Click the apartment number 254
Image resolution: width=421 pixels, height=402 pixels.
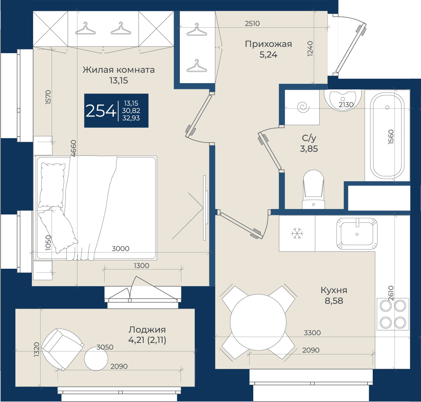tap(100, 111)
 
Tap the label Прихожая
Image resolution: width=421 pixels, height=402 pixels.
tap(268, 44)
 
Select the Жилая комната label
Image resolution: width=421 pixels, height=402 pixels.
tap(118, 70)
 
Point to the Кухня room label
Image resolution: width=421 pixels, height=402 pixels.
tap(334, 290)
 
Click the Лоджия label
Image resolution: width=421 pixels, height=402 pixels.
tap(147, 329)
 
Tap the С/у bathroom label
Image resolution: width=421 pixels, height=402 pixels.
tap(309, 138)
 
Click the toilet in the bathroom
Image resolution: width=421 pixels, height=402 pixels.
tap(313, 189)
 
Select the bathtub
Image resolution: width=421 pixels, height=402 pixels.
tap(387, 136)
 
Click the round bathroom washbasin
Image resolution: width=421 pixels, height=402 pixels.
tap(342, 100)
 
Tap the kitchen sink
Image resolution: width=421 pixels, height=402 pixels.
tap(357, 233)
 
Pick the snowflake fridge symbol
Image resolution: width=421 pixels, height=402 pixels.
tap(297, 233)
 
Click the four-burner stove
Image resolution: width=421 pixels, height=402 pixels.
tap(393, 314)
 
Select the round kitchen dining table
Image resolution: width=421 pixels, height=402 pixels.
tap(258, 322)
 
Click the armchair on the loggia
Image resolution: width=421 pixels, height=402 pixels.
tap(62, 349)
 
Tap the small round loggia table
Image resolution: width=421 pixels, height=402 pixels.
tap(96, 359)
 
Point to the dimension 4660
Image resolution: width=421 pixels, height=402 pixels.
tap(73, 148)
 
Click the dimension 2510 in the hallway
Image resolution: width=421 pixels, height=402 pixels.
tap(253, 23)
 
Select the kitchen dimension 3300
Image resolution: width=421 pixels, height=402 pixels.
tap(312, 333)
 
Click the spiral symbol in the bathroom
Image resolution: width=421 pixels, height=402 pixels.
tap(303, 107)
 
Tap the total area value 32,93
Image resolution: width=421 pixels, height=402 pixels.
tap(131, 118)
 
